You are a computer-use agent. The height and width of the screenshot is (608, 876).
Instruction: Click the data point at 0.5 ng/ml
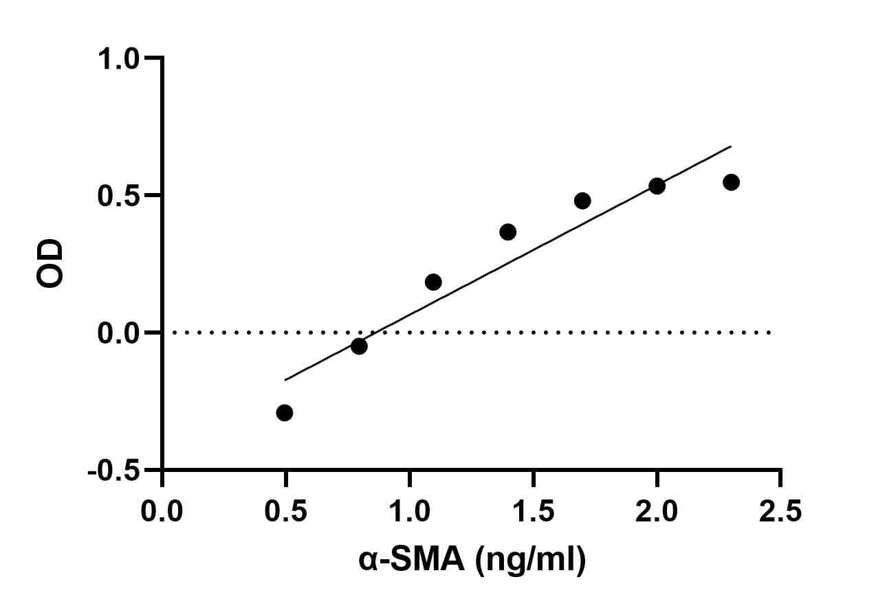(x=285, y=413)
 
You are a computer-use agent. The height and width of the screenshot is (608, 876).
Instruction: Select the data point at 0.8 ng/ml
(x=359, y=346)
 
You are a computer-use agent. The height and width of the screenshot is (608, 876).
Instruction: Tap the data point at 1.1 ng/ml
(x=433, y=282)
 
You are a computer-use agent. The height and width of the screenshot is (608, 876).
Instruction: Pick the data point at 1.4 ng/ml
(x=508, y=232)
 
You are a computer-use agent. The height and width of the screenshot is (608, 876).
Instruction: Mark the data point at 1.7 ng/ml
(x=582, y=201)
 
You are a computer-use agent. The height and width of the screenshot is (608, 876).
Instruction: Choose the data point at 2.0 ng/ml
(x=657, y=186)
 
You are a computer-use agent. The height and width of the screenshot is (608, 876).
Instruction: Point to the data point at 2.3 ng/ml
(x=731, y=182)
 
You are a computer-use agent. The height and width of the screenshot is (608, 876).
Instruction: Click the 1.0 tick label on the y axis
(x=118, y=60)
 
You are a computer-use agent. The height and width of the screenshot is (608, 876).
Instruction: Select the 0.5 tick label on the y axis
(x=118, y=196)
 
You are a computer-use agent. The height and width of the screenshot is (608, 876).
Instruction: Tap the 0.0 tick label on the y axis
(x=118, y=334)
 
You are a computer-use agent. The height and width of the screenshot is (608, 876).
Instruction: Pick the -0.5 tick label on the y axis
(x=113, y=471)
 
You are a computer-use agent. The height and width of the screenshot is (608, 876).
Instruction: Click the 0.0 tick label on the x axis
(x=162, y=511)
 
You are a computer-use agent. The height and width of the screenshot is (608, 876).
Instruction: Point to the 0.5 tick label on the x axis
(x=285, y=511)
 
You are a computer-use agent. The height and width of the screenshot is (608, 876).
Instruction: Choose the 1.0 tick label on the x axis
(x=410, y=511)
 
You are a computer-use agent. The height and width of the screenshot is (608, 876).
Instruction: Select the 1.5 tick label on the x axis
(x=534, y=511)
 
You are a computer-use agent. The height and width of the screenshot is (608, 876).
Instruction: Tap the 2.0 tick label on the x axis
(x=657, y=511)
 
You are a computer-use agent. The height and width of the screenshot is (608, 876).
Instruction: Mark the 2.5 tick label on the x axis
(x=780, y=511)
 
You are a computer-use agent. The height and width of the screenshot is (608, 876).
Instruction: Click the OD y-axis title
(x=50, y=263)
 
